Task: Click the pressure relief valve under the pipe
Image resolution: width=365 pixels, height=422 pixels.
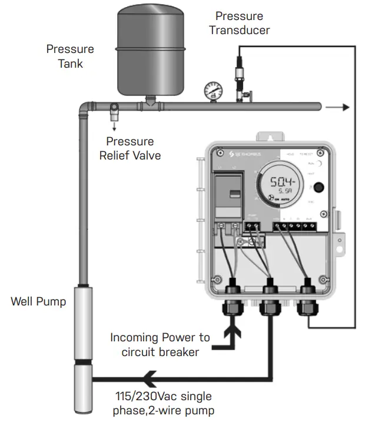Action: tap(114, 110)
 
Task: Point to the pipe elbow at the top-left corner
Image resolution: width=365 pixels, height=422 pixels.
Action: tap(85, 108)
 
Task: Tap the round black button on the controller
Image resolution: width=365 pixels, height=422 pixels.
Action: tap(319, 188)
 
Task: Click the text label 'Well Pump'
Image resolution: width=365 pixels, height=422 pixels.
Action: tap(39, 302)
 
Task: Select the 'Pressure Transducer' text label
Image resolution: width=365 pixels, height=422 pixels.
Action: tap(240, 22)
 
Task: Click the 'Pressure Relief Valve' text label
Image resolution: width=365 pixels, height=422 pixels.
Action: tap(130, 148)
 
